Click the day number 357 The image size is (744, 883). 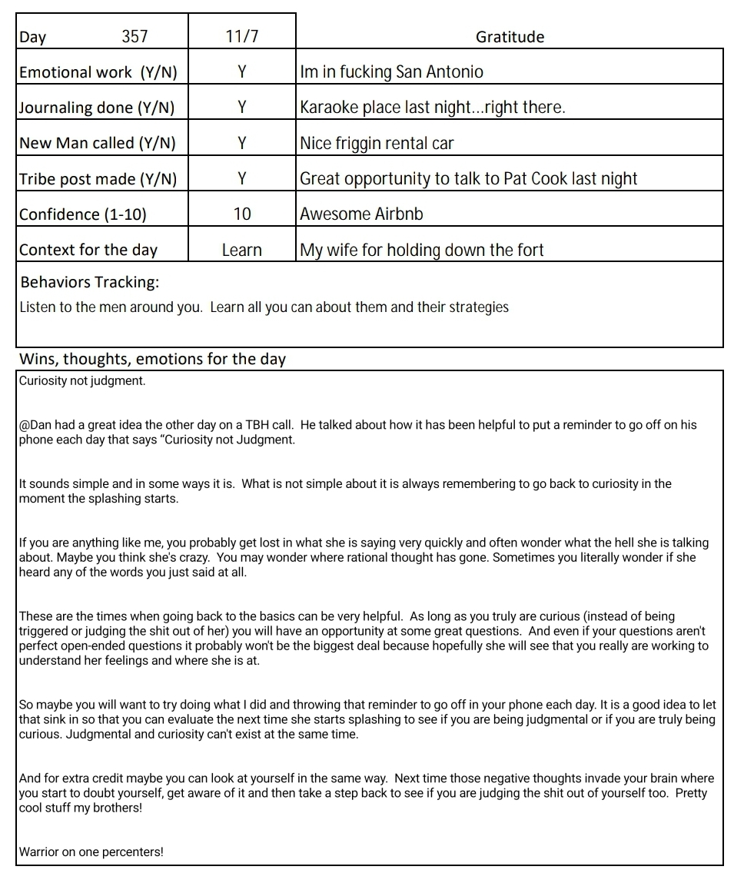135,37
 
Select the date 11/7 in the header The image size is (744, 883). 242,37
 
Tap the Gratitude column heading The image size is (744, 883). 510,37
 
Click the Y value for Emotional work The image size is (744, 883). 242,72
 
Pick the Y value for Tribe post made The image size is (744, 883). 242,178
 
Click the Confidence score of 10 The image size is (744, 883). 242,214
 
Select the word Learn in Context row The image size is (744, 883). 242,250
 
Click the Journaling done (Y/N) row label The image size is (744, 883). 97,108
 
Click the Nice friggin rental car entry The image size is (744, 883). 377,143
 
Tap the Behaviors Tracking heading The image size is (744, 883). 90,282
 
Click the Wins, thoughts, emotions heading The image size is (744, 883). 152,359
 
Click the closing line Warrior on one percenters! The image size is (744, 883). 91,851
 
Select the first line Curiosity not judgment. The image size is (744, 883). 82,381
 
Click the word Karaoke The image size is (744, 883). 328,108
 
